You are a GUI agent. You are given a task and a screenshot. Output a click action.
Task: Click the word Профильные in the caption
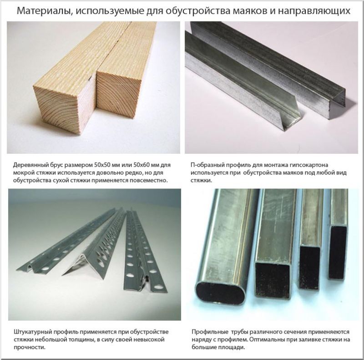(x=210, y=331)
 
